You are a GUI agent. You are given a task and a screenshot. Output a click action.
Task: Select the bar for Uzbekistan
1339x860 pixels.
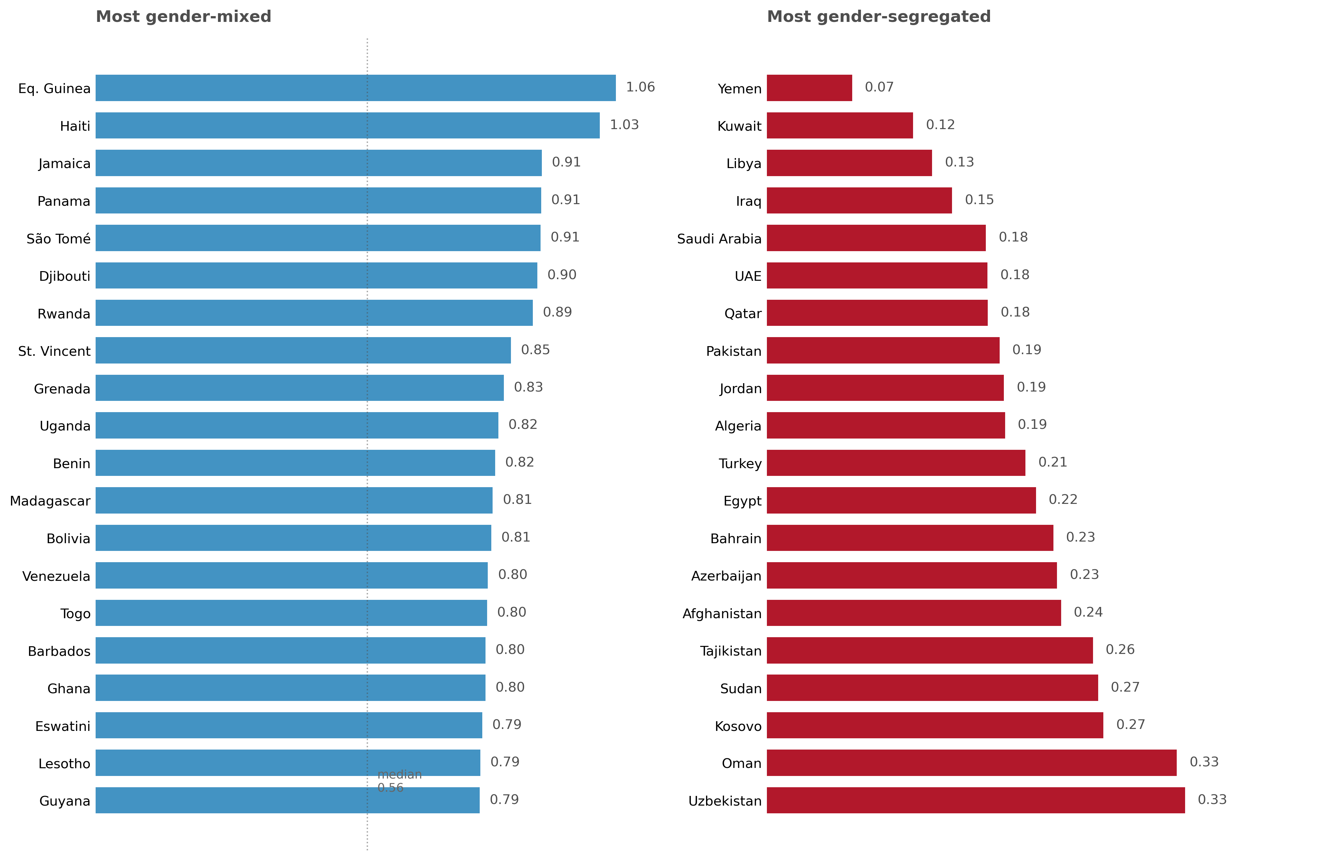click(x=976, y=800)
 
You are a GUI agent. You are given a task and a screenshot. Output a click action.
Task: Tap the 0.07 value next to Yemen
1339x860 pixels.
click(x=879, y=87)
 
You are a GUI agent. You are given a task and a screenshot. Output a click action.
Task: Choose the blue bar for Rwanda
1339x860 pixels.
click(x=314, y=313)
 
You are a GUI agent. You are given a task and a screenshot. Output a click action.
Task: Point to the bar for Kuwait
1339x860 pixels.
click(x=839, y=125)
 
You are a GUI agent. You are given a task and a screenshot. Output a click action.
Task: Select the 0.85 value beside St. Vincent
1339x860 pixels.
click(x=535, y=350)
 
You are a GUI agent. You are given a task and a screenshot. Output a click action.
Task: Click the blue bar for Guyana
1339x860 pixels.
click(x=287, y=800)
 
